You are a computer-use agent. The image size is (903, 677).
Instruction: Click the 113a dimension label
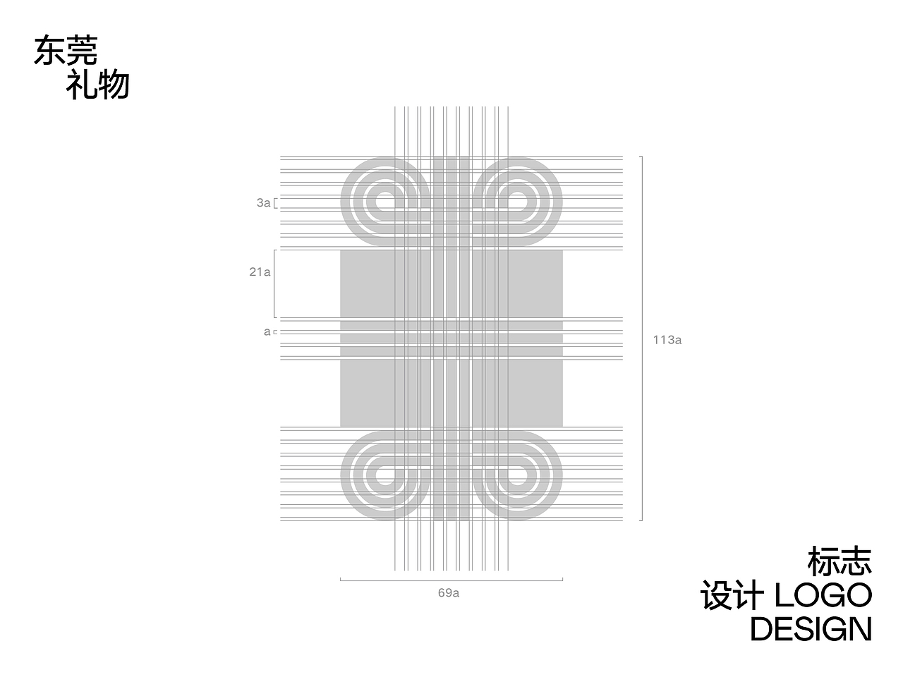pyautogui.click(x=667, y=340)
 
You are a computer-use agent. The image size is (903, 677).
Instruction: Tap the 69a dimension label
pyautogui.click(x=449, y=593)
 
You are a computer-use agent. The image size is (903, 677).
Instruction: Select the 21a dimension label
pyautogui.click(x=260, y=272)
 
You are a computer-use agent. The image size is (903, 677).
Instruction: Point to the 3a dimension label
pyautogui.click(x=263, y=202)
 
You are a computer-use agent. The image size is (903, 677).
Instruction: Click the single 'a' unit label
pyautogui.click(x=267, y=331)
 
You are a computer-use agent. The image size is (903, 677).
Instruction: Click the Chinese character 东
pyautogui.click(x=50, y=50)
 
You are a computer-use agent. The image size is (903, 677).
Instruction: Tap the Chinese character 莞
pyautogui.click(x=82, y=50)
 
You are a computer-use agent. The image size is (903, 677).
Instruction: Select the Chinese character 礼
pyautogui.click(x=82, y=85)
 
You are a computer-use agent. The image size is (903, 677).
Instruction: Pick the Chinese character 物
pyautogui.click(x=114, y=85)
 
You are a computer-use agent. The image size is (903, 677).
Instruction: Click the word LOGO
pyautogui.click(x=823, y=594)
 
